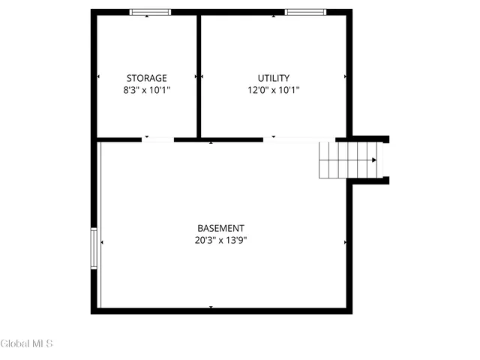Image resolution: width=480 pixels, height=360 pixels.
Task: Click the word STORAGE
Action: tap(146, 78)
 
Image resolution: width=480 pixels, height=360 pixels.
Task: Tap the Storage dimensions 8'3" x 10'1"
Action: tap(146, 90)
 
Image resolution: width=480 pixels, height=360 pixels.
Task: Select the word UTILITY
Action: tap(273, 78)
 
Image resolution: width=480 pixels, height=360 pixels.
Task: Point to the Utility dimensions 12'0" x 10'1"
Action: tap(273, 90)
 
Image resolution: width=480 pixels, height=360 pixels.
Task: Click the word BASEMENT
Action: tap(220, 228)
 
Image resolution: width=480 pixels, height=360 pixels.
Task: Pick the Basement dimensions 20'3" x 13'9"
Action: tap(220, 241)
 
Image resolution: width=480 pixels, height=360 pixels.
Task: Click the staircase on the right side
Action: tap(349, 160)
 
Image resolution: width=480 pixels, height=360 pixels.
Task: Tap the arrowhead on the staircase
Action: tap(373, 160)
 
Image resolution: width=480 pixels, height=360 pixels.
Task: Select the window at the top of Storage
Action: tap(150, 12)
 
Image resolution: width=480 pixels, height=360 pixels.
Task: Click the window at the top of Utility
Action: tap(305, 12)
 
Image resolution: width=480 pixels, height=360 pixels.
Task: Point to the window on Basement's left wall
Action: tap(94, 249)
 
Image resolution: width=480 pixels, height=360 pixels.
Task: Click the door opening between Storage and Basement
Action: tap(157, 139)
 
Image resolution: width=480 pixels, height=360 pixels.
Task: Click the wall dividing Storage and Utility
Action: tap(199, 75)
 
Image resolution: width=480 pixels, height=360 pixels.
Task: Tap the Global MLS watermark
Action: tap(27, 343)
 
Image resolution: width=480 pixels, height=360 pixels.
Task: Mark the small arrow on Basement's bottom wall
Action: tap(211, 307)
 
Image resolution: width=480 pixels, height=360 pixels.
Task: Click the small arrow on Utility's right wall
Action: tap(345, 76)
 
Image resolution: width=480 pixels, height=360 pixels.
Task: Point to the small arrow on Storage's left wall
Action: tap(99, 76)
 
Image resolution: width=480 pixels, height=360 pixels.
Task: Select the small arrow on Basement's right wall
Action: tap(345, 242)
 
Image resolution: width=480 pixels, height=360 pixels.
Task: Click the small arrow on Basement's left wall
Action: tap(102, 242)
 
